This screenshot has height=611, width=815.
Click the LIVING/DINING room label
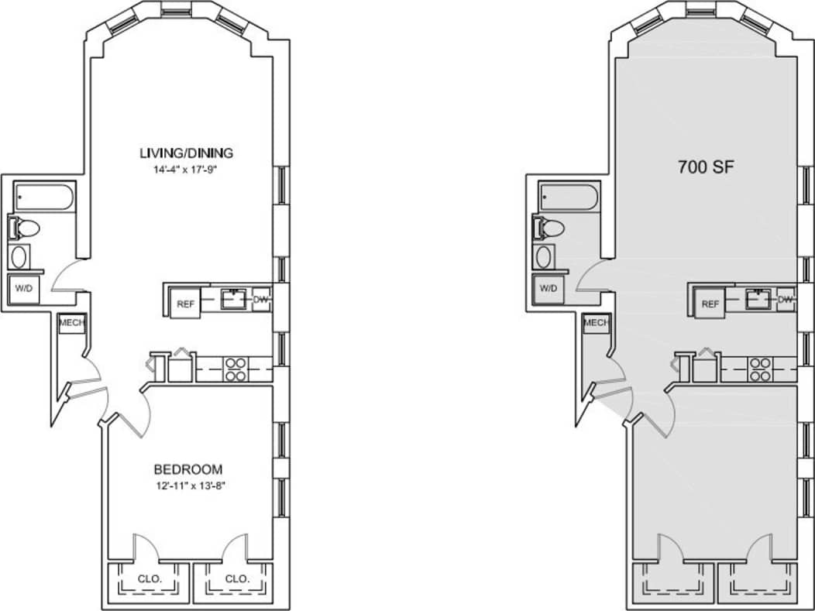point(186,152)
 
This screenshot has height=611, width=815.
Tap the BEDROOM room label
point(188,469)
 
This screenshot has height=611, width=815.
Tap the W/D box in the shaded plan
point(548,288)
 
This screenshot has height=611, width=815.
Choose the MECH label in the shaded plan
point(597,323)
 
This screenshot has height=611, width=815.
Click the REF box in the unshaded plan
point(185,304)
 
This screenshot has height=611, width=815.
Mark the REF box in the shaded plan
point(710,304)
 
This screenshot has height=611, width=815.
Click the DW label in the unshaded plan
point(261,299)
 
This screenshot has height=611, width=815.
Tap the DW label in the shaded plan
point(786,299)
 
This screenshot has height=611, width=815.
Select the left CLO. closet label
point(150,578)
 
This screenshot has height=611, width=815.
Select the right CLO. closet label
point(237,578)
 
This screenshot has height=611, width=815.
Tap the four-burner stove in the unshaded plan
point(234,369)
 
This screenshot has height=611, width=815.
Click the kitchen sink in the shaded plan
point(759,298)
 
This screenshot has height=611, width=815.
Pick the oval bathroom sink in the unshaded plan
point(20,256)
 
